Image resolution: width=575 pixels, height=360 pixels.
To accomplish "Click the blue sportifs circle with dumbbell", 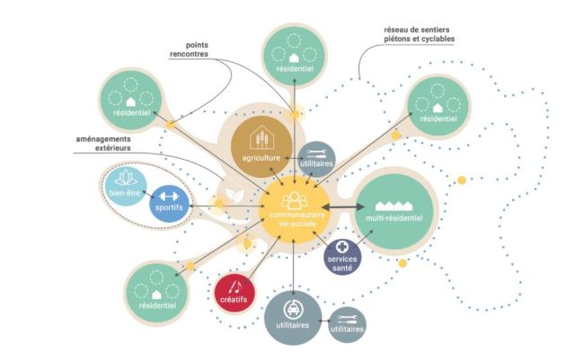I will tap(170, 198).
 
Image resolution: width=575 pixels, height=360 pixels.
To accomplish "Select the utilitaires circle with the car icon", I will tap(293, 318).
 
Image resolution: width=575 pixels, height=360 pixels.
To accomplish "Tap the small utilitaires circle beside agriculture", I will tap(317, 158).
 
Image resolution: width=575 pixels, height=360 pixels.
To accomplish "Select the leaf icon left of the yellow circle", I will tap(232, 195).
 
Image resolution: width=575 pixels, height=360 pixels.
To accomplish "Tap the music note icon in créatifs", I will tap(235, 286).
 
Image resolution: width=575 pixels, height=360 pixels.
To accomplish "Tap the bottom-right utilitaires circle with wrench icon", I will tap(348, 324).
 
